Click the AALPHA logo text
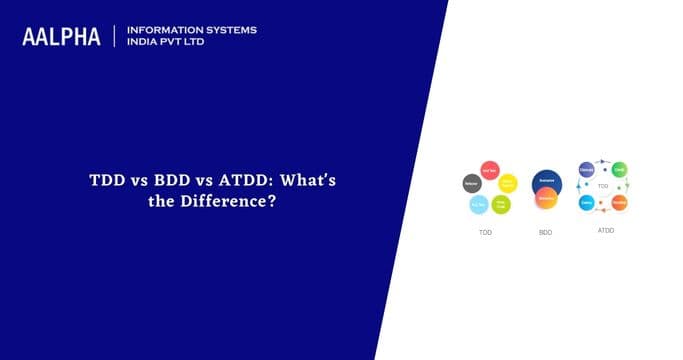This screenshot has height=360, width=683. (61, 37)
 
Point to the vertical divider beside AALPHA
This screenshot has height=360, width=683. (115, 37)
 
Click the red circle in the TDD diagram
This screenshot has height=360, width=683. (490, 169)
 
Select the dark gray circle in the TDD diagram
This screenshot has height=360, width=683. (471, 183)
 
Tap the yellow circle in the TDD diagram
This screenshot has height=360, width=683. (508, 183)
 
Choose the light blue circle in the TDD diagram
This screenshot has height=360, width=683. (479, 204)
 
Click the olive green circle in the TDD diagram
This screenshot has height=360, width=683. (501, 204)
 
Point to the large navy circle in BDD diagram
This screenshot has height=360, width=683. (546, 181)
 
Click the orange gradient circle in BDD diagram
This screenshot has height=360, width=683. (546, 198)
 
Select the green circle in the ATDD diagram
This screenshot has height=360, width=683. (619, 169)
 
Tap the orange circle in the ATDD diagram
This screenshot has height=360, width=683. (619, 202)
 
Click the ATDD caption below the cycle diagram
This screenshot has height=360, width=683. (605, 229)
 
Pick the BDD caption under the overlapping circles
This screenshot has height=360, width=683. (546, 231)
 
